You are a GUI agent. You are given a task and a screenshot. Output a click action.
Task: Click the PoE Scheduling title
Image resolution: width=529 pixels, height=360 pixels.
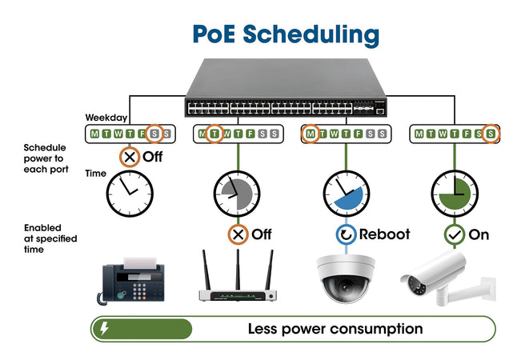click(286, 34)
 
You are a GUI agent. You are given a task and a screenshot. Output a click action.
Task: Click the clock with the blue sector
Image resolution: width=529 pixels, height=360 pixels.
click(347, 193)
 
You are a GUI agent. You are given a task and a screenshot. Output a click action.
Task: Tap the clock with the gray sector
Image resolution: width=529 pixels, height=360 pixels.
click(237, 193)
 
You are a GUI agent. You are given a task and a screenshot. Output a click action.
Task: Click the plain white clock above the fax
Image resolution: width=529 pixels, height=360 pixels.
click(130, 193)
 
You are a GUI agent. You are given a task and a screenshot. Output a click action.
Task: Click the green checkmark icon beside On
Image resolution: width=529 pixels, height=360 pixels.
click(455, 234)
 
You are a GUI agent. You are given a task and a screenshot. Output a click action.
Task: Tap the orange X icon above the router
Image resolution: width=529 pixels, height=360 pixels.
click(238, 234)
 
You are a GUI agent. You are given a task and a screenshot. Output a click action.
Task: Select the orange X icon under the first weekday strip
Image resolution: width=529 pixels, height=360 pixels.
click(130, 156)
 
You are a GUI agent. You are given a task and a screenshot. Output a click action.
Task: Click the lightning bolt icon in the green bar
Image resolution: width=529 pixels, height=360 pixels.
click(104, 329)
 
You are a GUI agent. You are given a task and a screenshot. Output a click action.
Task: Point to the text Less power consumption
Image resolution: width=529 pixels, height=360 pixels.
click(335, 329)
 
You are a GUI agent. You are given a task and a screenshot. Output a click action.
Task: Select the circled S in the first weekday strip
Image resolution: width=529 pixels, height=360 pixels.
click(155, 134)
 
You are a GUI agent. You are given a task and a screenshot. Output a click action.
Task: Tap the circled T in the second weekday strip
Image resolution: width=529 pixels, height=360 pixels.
click(214, 134)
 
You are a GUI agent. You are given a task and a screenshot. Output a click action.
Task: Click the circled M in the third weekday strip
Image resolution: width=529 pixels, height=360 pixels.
click(311, 134)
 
